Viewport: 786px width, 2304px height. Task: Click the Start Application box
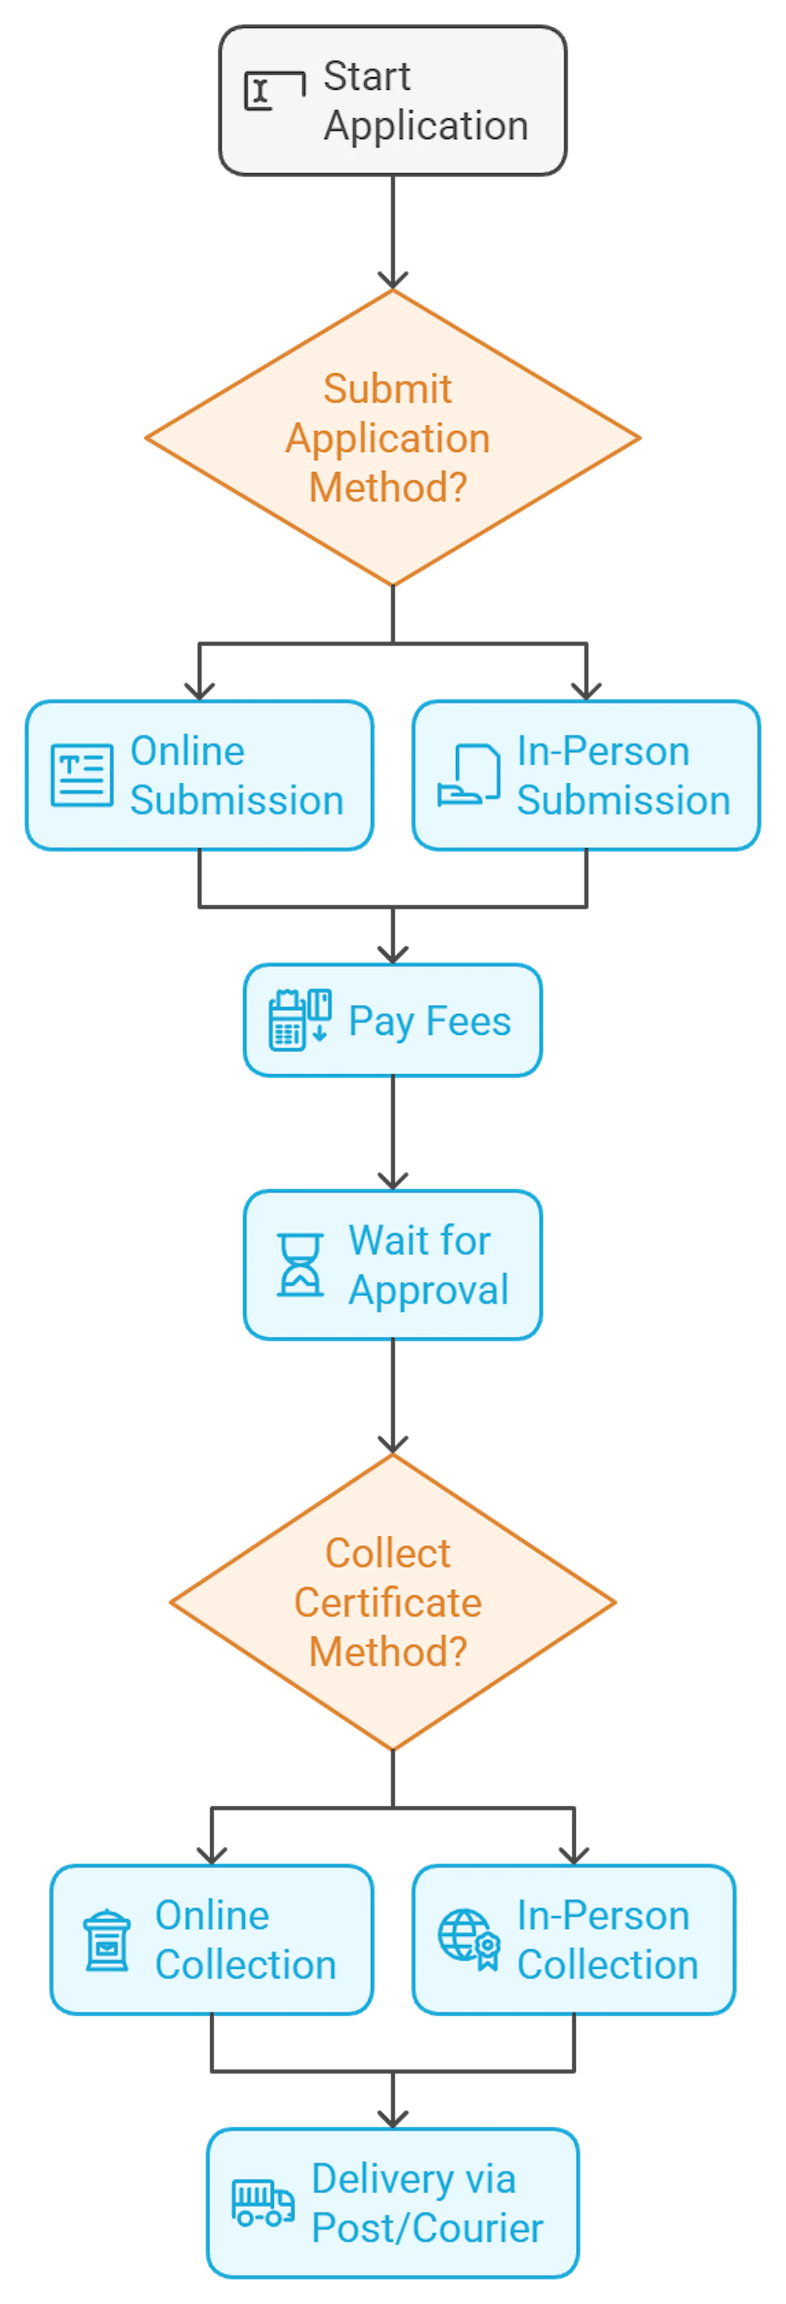[x=392, y=100]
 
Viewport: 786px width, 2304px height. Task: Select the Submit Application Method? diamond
[x=392, y=438]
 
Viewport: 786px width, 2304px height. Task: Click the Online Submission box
[x=199, y=775]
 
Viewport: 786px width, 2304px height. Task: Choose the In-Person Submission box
[x=586, y=775]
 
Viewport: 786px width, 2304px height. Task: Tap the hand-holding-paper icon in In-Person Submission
[x=468, y=775]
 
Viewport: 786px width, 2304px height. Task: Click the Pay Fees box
[x=392, y=1020]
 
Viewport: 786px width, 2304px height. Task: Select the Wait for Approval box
[x=392, y=1264]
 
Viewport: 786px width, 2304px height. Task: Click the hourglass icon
[x=301, y=1265]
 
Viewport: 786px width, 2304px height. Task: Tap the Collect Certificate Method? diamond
[x=392, y=1602]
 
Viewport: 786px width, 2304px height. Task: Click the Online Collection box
[x=212, y=1939]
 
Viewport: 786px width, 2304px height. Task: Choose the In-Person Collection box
[x=573, y=1939]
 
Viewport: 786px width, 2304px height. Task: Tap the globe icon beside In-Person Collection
[x=467, y=1938]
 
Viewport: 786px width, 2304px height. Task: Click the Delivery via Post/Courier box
[x=392, y=2202]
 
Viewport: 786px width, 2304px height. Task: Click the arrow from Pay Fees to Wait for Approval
[x=392, y=1132]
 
